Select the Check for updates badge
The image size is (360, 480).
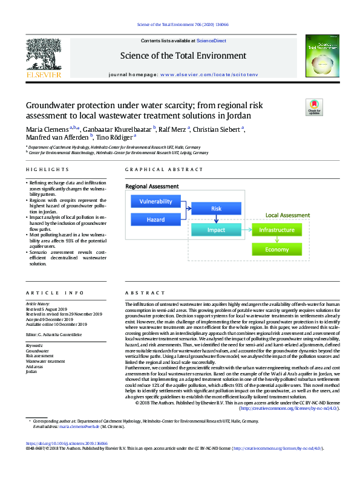click(x=315, y=108)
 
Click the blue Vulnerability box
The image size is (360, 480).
click(x=156, y=201)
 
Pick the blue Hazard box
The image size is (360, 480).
click(x=156, y=219)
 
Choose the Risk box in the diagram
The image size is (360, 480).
click(x=216, y=209)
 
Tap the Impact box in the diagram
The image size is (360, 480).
click(x=216, y=230)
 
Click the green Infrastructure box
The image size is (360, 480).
click(x=277, y=230)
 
